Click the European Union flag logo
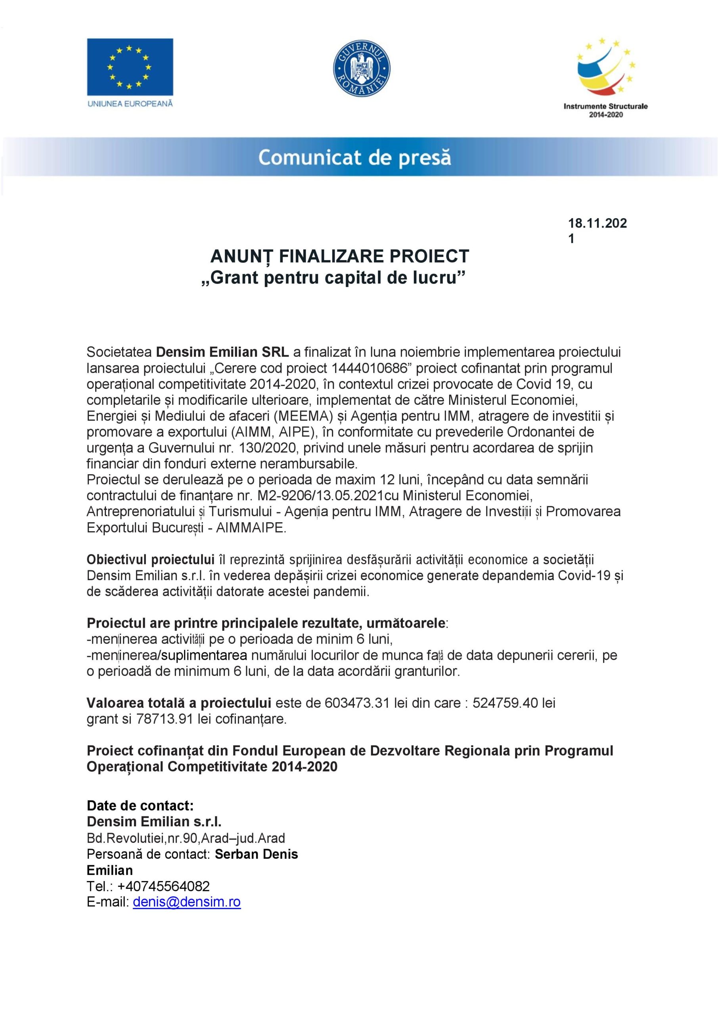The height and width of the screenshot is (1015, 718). point(130,67)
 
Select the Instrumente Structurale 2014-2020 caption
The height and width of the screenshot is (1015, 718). point(605,110)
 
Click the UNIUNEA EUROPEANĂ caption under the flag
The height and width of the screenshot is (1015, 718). point(130,104)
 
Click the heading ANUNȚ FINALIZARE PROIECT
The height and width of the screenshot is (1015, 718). point(339,256)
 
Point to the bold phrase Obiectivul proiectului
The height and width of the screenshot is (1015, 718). point(150,560)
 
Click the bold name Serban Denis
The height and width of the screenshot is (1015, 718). point(256,854)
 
